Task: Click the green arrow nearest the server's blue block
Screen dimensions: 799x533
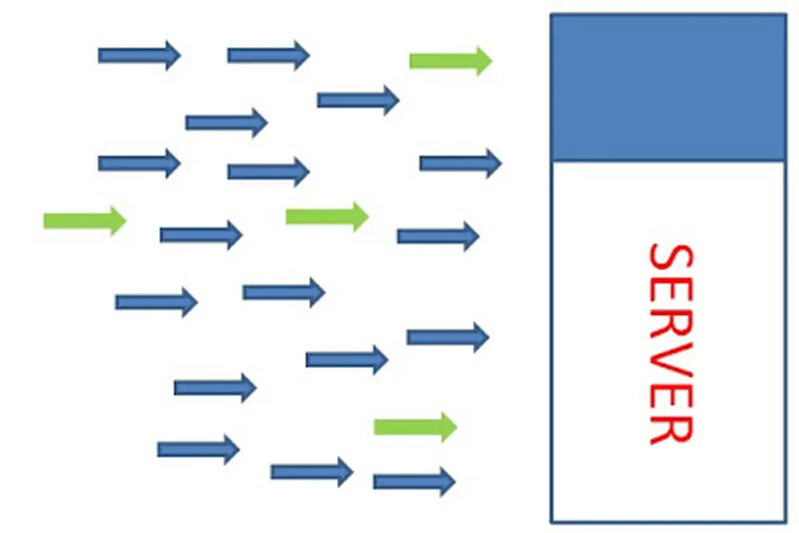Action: tap(451, 61)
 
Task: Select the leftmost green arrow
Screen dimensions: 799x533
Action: tap(85, 221)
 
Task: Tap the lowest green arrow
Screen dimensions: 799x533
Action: tap(415, 427)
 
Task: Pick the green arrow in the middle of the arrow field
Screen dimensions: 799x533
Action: tap(327, 217)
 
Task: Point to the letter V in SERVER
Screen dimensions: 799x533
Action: tap(672, 360)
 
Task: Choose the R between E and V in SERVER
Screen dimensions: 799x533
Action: tap(672, 328)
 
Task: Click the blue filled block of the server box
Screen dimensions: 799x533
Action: tap(668, 88)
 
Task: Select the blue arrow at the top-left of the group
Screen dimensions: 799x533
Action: tap(139, 56)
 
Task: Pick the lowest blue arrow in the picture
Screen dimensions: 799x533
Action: tap(414, 482)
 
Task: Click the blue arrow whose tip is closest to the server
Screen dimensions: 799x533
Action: tap(461, 163)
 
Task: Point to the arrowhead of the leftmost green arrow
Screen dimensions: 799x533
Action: tap(118, 221)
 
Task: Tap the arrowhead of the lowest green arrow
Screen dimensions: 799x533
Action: tap(449, 427)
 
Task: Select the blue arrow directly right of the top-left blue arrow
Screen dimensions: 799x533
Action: tap(269, 56)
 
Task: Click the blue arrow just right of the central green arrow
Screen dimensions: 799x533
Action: tap(438, 237)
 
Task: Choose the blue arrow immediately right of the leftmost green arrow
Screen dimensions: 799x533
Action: tap(202, 235)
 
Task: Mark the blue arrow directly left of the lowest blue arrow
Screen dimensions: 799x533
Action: tap(312, 472)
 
